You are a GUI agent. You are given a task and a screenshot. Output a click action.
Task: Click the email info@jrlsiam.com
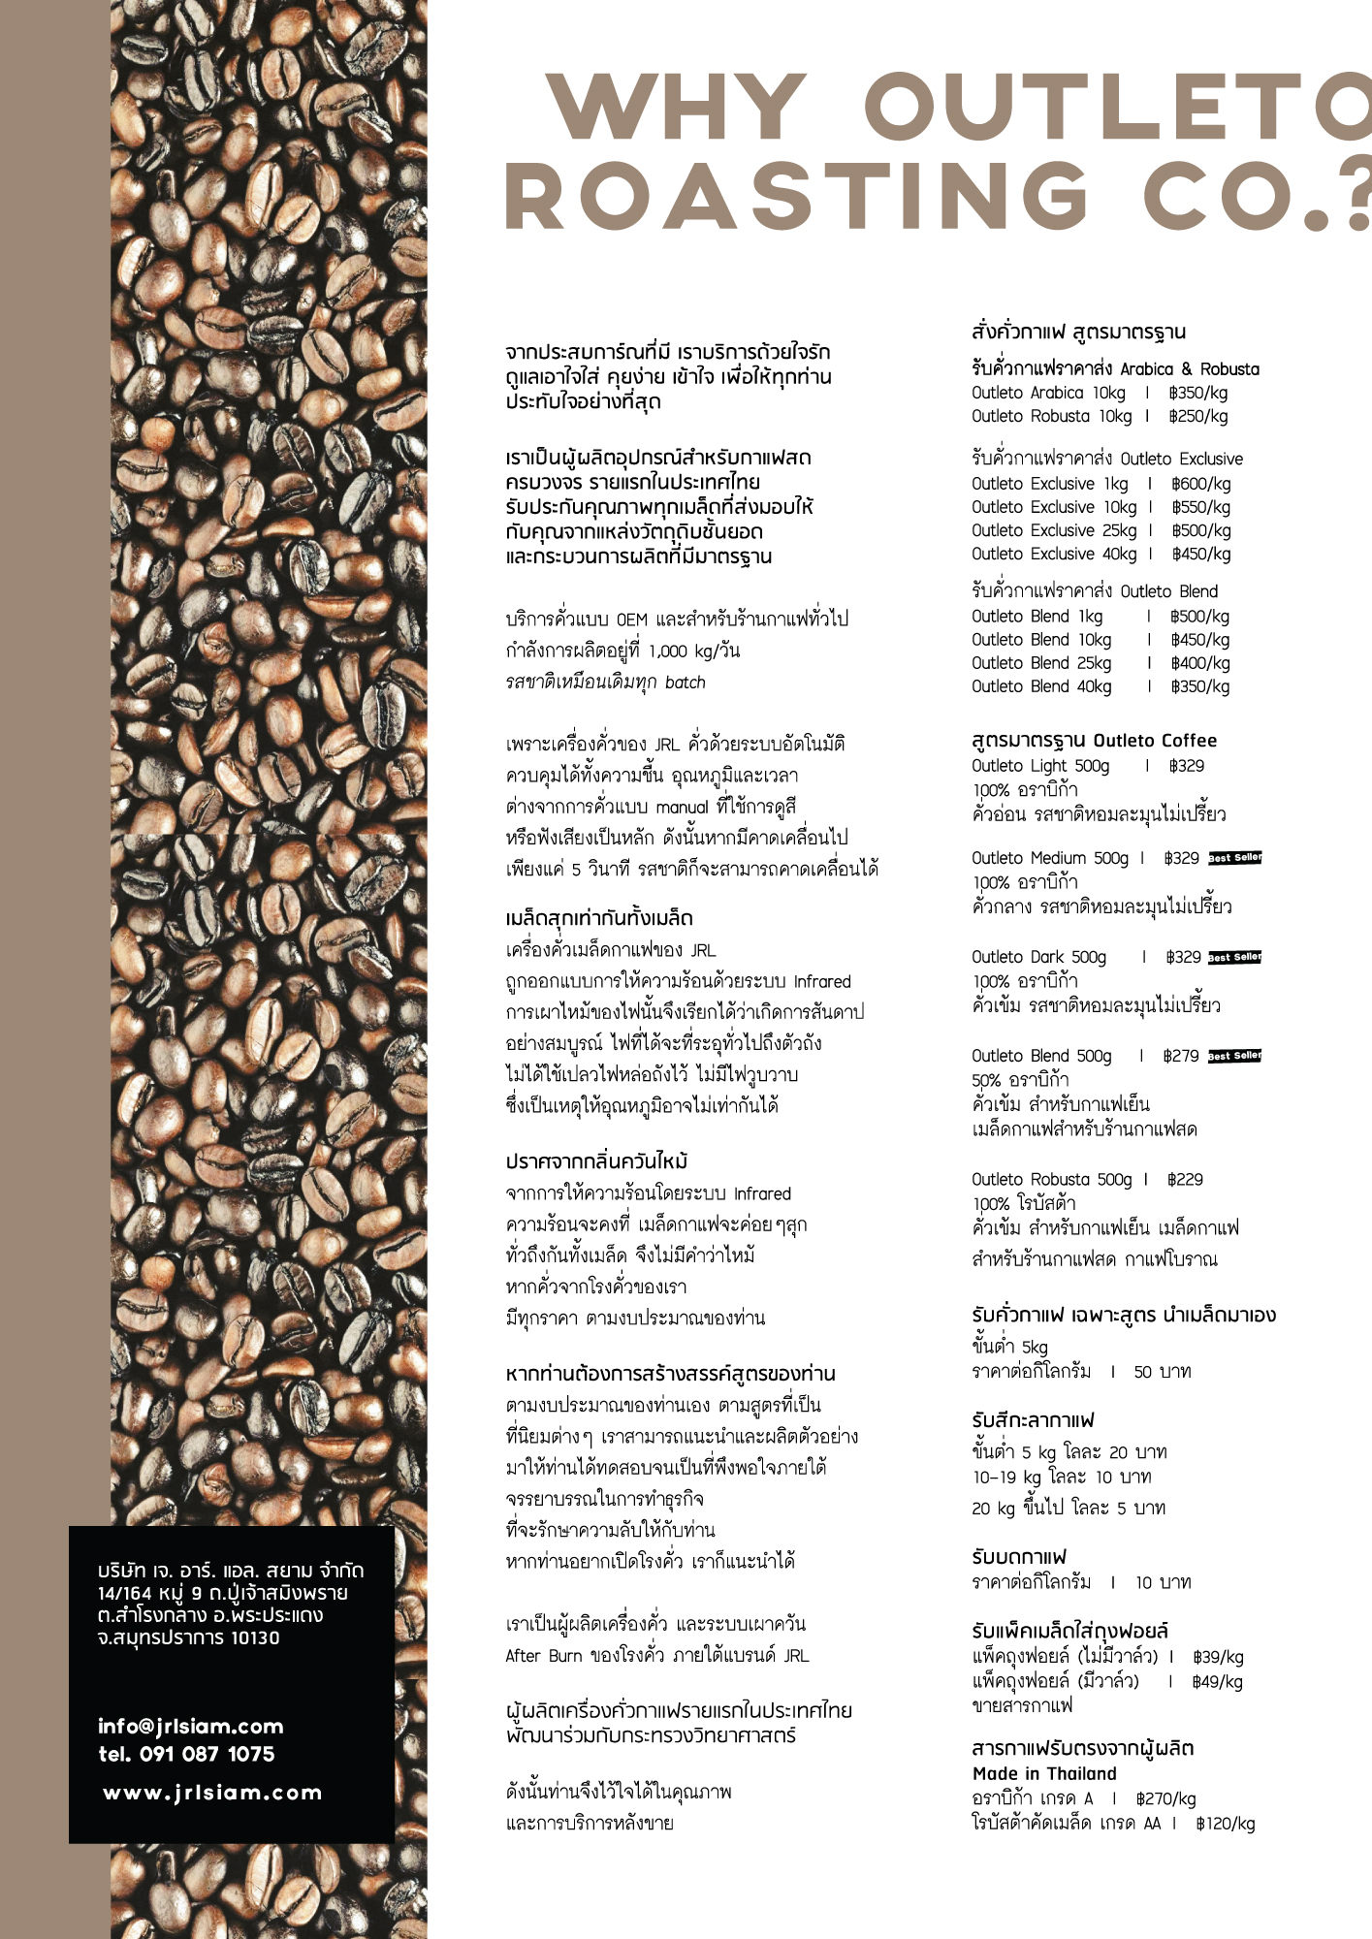point(190,1727)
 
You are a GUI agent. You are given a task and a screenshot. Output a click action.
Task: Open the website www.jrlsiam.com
point(212,1794)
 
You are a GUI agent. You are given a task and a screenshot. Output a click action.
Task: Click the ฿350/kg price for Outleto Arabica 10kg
point(1197,393)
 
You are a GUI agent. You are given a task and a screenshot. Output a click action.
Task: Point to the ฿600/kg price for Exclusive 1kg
point(1200,484)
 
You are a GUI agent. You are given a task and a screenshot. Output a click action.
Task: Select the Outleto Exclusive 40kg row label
point(1054,555)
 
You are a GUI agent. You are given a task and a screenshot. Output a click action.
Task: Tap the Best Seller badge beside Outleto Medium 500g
point(1234,858)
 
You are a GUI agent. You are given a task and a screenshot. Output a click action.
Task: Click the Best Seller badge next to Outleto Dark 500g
point(1234,957)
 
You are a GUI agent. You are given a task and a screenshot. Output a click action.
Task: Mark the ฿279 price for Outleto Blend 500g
point(1181,1056)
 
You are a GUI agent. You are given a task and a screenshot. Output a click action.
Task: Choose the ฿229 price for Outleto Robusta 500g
point(1185,1180)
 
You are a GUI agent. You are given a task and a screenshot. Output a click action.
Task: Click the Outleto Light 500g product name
point(1040,766)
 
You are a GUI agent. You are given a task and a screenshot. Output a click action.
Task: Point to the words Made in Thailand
point(1044,1774)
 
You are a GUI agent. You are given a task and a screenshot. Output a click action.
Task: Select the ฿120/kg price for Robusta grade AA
point(1225,1824)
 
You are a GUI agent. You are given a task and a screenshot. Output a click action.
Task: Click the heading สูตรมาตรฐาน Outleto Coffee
point(1094,741)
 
